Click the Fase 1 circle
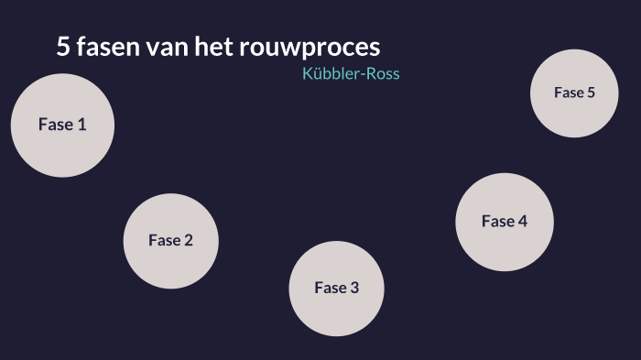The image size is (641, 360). point(62,125)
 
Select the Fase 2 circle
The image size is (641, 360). point(170,241)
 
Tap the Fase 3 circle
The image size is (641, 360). point(336,288)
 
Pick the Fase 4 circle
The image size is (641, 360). point(505,222)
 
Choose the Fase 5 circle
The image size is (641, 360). point(574,93)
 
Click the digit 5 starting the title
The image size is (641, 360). point(63,48)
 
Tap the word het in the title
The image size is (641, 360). point(214,48)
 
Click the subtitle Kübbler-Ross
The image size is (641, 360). point(351,73)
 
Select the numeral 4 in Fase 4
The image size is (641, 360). point(522,222)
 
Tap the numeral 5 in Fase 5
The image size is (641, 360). point(591,93)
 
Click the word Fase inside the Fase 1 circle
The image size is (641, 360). point(54,125)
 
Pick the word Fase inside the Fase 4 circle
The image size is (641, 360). point(497,222)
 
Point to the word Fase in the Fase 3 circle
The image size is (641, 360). point(330,288)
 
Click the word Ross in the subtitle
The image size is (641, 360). point(382,73)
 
